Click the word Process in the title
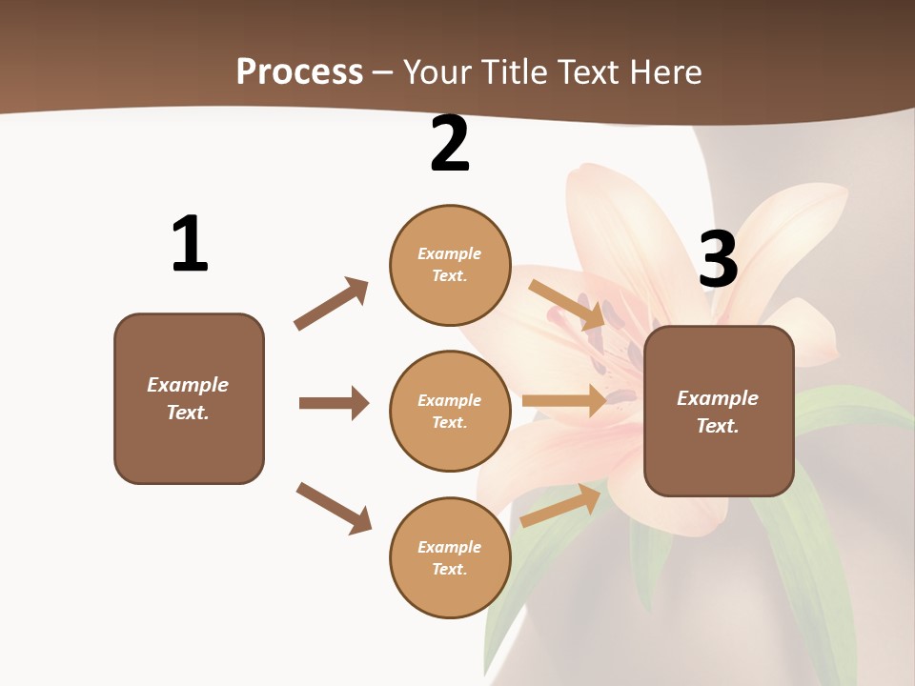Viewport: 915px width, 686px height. (x=299, y=72)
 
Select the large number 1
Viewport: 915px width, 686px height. (x=190, y=244)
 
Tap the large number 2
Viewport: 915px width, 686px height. (x=450, y=144)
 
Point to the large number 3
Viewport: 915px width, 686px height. (x=718, y=259)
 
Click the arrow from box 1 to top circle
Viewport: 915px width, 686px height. (x=331, y=304)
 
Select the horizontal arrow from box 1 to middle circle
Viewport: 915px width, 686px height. (x=334, y=403)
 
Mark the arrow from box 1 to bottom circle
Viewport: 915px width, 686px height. (x=334, y=508)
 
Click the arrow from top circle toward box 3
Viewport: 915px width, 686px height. (x=567, y=304)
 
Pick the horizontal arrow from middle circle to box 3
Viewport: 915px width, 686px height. (x=564, y=400)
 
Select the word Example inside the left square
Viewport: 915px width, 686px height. (x=188, y=385)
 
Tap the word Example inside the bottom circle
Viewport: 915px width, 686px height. (x=449, y=547)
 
